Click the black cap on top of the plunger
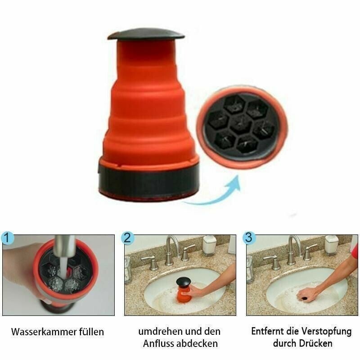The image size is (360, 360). [146, 34]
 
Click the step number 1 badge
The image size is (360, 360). [7, 238]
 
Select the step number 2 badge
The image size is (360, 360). [128, 238]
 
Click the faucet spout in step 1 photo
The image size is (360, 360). [63, 252]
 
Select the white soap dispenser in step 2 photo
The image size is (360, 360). [209, 245]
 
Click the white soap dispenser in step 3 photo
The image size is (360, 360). [331, 245]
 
